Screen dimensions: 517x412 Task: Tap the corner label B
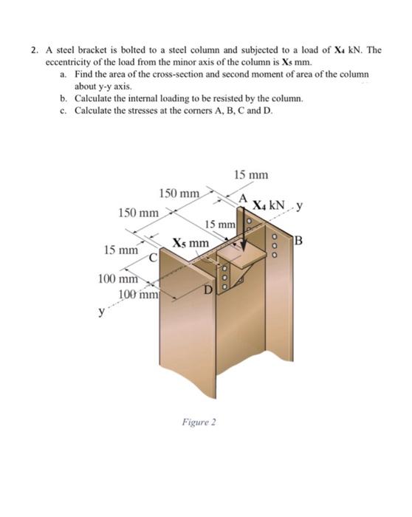298,238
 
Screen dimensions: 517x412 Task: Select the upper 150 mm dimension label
179,194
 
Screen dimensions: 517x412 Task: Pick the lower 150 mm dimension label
138,213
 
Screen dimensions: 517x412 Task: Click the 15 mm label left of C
120,250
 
